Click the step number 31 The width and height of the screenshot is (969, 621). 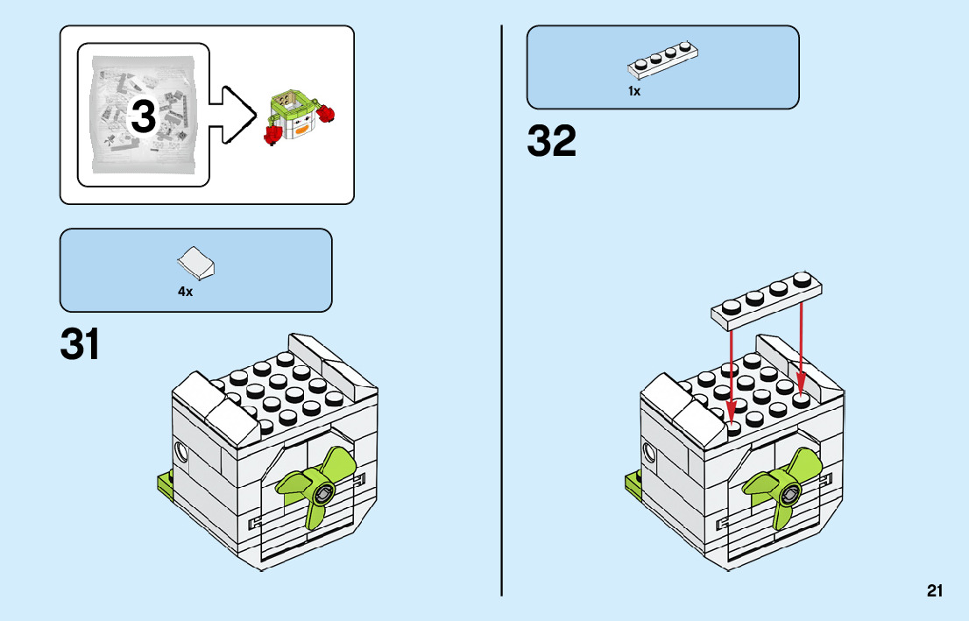point(80,345)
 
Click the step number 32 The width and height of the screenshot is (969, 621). point(552,142)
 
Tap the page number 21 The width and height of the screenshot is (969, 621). point(935,591)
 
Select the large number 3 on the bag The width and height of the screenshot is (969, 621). point(144,117)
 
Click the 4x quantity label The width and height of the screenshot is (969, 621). point(185,292)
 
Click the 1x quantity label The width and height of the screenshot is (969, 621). point(634,90)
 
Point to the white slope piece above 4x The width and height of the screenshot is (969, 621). point(197,260)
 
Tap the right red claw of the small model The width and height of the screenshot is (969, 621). point(329,113)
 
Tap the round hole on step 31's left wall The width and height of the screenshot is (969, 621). point(181,452)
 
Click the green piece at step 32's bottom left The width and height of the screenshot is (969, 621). point(633,483)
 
